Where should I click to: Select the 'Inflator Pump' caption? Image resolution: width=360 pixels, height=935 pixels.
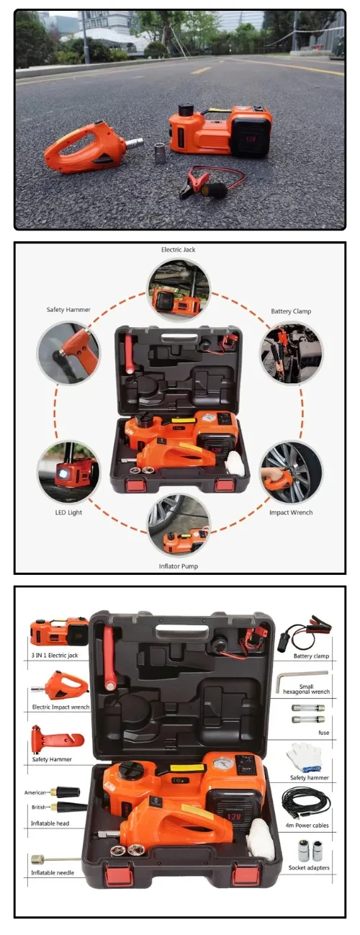tap(179, 566)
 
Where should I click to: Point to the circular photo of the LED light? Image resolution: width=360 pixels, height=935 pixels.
tap(68, 472)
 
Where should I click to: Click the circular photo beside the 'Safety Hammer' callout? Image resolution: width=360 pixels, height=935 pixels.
tap(68, 352)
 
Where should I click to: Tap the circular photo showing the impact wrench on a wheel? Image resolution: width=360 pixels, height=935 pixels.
tap(291, 472)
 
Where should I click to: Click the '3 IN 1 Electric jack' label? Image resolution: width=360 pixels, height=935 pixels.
tap(55, 656)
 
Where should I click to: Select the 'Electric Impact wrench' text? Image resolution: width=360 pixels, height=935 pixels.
tap(61, 707)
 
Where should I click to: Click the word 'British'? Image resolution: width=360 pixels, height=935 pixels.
tap(38, 807)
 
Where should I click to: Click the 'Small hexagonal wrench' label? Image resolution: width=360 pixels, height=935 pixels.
tap(306, 689)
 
